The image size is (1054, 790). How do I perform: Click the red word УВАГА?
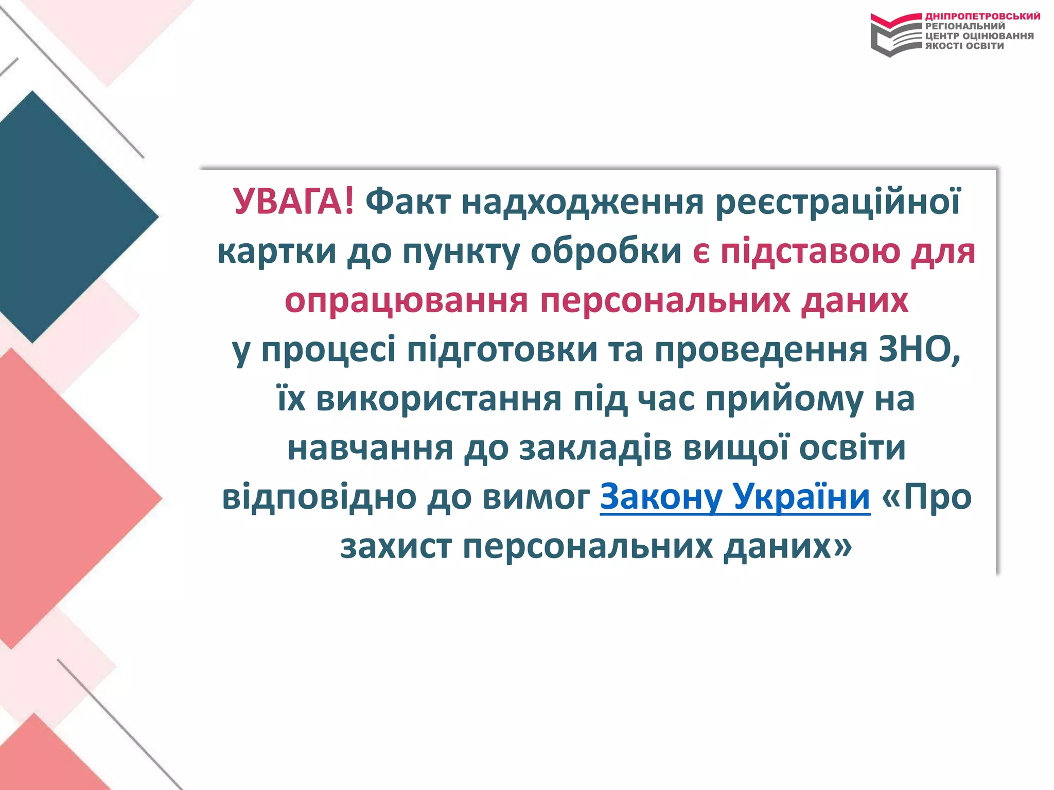click(x=293, y=202)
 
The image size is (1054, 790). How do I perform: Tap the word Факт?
click(x=408, y=202)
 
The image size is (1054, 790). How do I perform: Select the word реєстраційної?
click(x=837, y=202)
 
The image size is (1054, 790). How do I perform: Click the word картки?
click(x=277, y=251)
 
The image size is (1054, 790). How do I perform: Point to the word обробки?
click(x=606, y=251)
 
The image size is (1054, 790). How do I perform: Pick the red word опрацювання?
click(x=406, y=300)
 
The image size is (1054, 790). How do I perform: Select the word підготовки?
click(x=502, y=349)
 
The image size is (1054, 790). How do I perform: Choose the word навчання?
click(x=370, y=447)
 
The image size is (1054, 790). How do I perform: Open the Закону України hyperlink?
click(x=735, y=497)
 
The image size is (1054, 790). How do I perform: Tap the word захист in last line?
click(x=396, y=546)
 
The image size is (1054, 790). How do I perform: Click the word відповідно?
click(x=319, y=497)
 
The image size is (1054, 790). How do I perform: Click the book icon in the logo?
click(x=895, y=35)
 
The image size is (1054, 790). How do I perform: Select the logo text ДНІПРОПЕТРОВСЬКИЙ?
click(x=982, y=16)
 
